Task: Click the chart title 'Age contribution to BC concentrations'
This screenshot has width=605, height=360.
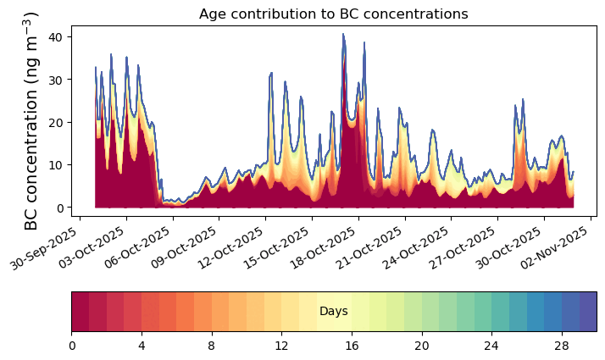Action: click(x=333, y=14)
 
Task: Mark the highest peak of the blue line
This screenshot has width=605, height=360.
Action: click(x=343, y=34)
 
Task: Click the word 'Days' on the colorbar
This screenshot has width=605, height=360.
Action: click(x=333, y=312)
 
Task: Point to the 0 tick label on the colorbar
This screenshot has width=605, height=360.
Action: click(x=72, y=346)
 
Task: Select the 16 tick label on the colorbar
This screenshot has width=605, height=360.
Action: click(x=352, y=346)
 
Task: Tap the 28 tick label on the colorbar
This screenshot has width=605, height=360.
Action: click(x=562, y=346)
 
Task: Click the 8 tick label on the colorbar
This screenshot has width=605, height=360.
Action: click(x=212, y=346)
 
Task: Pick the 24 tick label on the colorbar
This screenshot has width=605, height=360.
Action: click(x=491, y=346)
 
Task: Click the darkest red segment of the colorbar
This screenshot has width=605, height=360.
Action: click(x=80, y=311)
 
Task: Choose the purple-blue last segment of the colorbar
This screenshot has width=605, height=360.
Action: click(x=587, y=311)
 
